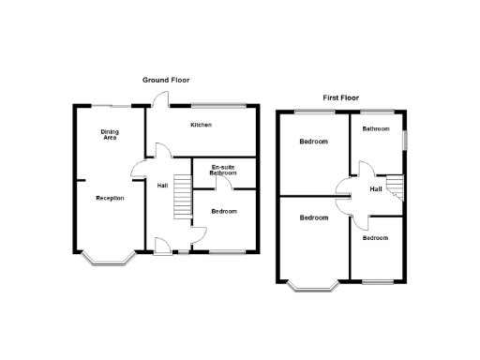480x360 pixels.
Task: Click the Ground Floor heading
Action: [166, 81]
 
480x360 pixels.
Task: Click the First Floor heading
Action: [341, 97]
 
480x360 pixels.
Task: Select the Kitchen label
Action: [202, 125]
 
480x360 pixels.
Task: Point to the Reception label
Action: [110, 198]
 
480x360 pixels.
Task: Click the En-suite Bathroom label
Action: [223, 171]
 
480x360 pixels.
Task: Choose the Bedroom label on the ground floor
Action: [224, 211]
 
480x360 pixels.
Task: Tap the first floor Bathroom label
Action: [377, 128]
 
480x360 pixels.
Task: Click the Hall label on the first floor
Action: [376, 190]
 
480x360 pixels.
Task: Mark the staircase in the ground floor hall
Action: [183, 202]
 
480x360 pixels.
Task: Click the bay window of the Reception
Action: [105, 260]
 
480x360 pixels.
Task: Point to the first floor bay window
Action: [313, 285]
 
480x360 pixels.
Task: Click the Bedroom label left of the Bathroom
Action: [313, 142]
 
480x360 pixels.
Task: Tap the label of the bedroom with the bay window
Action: [313, 217]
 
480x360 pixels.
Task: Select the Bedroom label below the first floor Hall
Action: [375, 238]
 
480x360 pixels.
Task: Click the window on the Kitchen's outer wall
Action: [219, 103]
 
